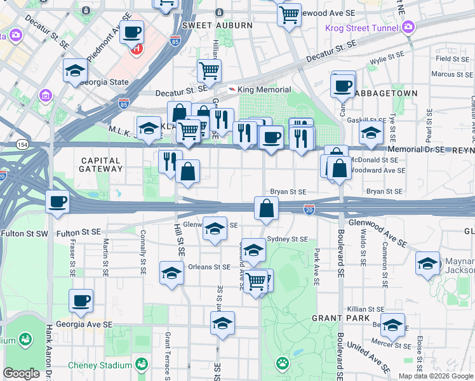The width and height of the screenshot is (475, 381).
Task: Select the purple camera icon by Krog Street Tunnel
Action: (408, 27)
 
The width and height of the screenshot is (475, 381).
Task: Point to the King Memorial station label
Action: (264, 90)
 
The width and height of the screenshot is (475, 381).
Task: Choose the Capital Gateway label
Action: (100, 164)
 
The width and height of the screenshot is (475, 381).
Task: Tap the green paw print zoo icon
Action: (281, 363)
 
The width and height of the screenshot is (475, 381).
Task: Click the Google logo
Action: (22, 373)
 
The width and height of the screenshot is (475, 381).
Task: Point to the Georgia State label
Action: (104, 83)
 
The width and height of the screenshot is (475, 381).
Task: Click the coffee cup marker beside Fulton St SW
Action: (58, 203)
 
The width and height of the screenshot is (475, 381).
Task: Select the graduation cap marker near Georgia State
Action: (75, 72)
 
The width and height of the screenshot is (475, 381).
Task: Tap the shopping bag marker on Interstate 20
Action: (266, 208)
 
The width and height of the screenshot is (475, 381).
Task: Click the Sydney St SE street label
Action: (287, 239)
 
